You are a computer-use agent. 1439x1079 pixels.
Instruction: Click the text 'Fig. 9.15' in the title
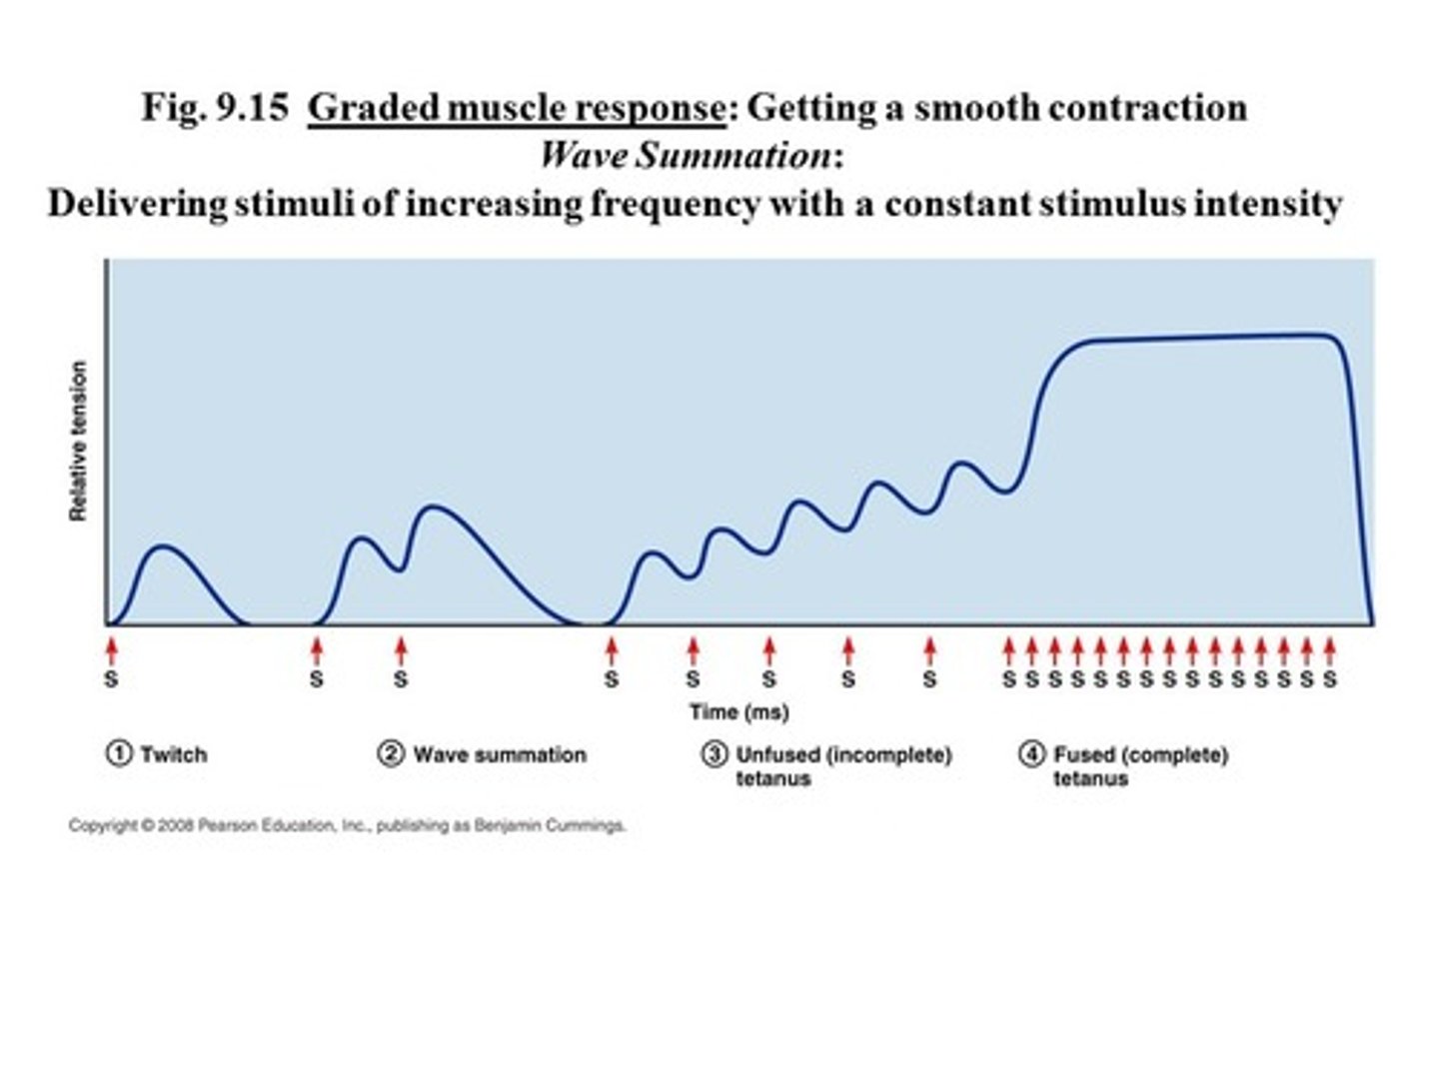click(x=214, y=108)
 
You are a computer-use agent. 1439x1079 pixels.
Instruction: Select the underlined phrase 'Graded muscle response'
click(x=516, y=108)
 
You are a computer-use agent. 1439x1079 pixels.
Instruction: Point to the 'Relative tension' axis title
click(x=78, y=441)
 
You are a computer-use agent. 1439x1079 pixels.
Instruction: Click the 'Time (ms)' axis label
click(x=738, y=712)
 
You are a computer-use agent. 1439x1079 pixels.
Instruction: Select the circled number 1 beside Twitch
click(x=118, y=753)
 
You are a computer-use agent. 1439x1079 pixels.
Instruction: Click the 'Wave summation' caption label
click(x=499, y=754)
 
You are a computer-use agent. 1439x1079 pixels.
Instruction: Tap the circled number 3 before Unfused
click(x=714, y=754)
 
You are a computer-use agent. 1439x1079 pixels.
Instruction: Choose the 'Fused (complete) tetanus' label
click(x=1139, y=766)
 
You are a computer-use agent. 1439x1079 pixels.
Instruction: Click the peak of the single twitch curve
click(x=164, y=546)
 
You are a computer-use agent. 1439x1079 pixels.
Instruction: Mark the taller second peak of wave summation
click(x=433, y=508)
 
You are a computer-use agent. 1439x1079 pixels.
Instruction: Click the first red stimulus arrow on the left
click(x=112, y=651)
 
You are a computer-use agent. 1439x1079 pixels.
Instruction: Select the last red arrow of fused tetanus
click(x=1329, y=651)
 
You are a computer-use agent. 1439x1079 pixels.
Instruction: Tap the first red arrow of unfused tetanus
click(x=611, y=651)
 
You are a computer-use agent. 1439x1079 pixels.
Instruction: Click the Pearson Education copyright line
click(x=347, y=825)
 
